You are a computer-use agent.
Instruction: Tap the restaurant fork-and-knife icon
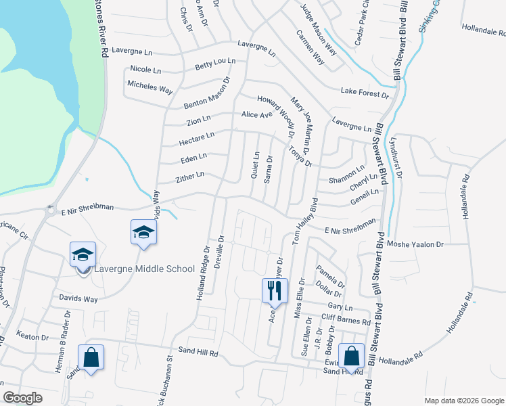[275, 290]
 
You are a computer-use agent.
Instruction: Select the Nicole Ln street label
[145, 70]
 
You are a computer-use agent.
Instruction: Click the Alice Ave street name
[256, 115]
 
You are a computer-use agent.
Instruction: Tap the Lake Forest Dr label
[365, 92]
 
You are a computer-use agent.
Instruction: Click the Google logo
[23, 397]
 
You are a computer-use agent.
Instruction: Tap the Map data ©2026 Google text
[463, 400]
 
